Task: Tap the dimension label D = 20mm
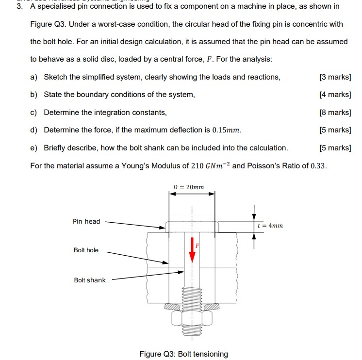click(x=188, y=187)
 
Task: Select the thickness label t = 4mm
click(x=270, y=225)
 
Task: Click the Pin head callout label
click(x=86, y=221)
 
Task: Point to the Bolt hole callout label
click(x=86, y=250)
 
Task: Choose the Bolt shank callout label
click(x=89, y=280)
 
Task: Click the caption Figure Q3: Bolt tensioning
click(x=183, y=354)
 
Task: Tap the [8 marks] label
click(x=335, y=112)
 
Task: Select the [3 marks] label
click(x=335, y=77)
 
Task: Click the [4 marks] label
click(x=335, y=95)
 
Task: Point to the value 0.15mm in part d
click(x=227, y=130)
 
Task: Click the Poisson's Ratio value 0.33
click(x=318, y=165)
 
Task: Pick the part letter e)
click(x=34, y=147)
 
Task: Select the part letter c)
click(x=34, y=112)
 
